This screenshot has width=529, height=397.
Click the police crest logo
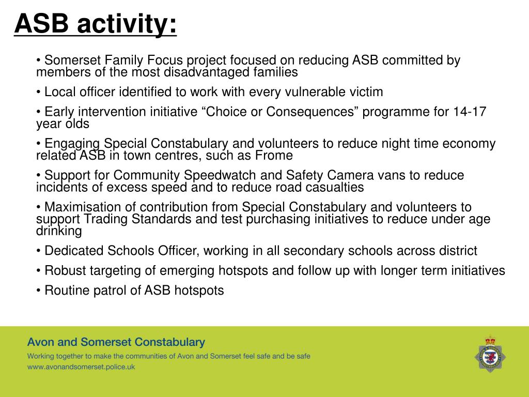(x=490, y=354)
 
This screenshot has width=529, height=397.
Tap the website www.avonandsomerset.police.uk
(x=81, y=367)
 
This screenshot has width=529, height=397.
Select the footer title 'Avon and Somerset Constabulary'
(x=116, y=342)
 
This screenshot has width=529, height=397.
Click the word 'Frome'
(x=276, y=156)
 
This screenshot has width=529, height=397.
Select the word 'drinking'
(x=59, y=231)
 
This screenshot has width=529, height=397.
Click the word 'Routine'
(x=67, y=291)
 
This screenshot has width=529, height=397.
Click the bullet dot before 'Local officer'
(x=39, y=93)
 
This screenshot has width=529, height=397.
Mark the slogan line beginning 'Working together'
(x=168, y=356)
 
